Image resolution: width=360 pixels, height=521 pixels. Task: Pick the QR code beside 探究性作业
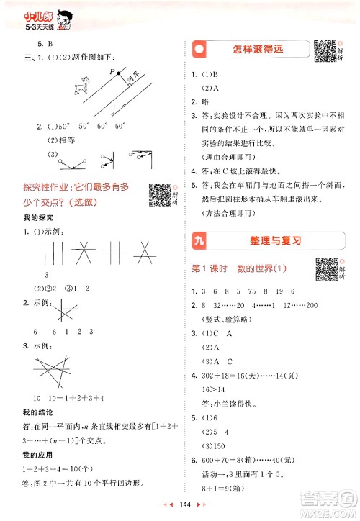tap(157, 192)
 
